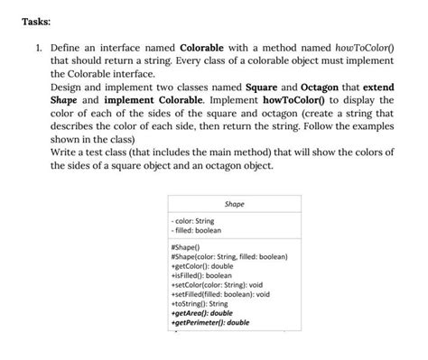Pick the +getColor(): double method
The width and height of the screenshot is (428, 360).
point(205,268)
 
